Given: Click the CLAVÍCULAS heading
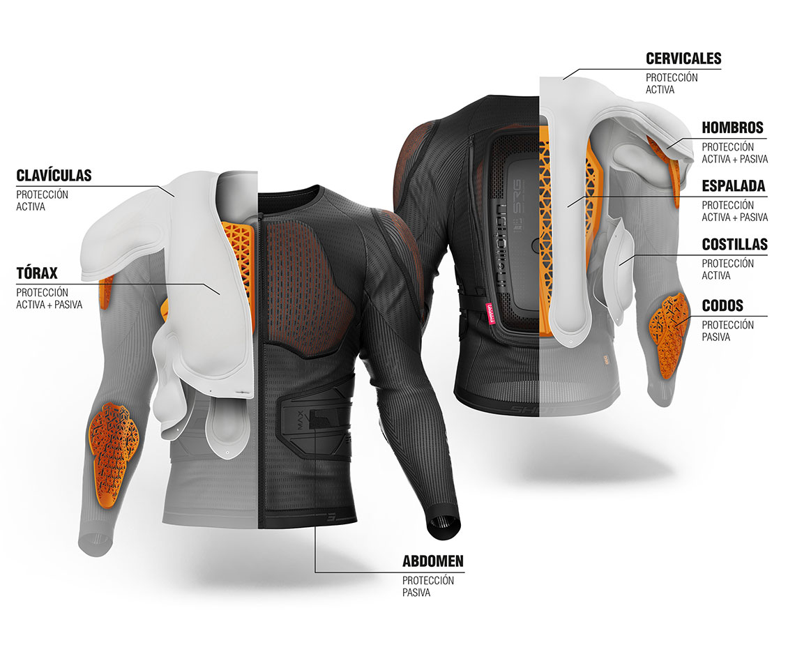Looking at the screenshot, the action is pos(54,175).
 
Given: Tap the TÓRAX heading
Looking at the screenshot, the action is pos(37,273).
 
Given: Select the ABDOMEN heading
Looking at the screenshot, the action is pos(432,561).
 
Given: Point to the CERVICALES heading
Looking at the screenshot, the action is pos(683,59).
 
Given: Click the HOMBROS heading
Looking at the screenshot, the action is pos(732,128).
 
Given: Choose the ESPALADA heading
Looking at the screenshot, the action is pos(733,186).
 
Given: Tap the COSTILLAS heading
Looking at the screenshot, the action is pos(735,245).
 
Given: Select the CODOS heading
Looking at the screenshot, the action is pos(722,305).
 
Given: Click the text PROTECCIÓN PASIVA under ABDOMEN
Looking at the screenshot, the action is pos(427,586).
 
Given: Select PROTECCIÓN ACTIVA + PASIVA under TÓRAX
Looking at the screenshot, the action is pos(50,298).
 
